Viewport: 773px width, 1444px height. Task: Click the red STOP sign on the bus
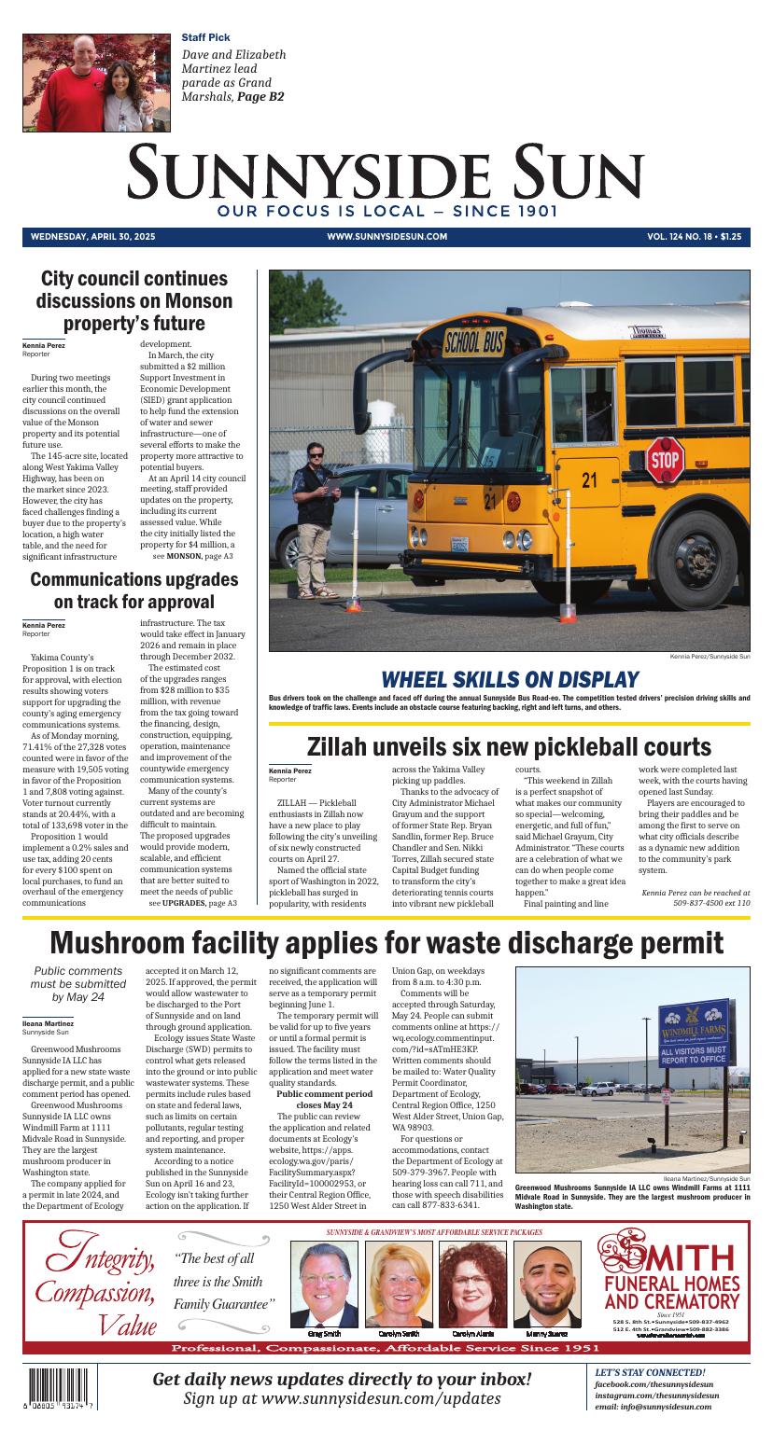tap(664, 459)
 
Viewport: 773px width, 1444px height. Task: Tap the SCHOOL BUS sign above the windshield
tap(473, 340)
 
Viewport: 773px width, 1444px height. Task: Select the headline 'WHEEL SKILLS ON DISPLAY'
tap(509, 679)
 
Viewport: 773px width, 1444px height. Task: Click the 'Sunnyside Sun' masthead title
tap(386, 172)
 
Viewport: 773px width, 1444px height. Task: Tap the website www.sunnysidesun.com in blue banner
tap(386, 237)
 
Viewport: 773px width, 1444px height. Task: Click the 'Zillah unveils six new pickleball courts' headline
tap(509, 746)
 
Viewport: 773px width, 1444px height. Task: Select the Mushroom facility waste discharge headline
tap(386, 943)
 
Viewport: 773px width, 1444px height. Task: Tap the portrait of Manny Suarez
tap(547, 1283)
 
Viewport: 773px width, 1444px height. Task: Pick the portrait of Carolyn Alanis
tap(472, 1283)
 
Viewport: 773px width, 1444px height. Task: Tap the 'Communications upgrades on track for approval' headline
tap(134, 590)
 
